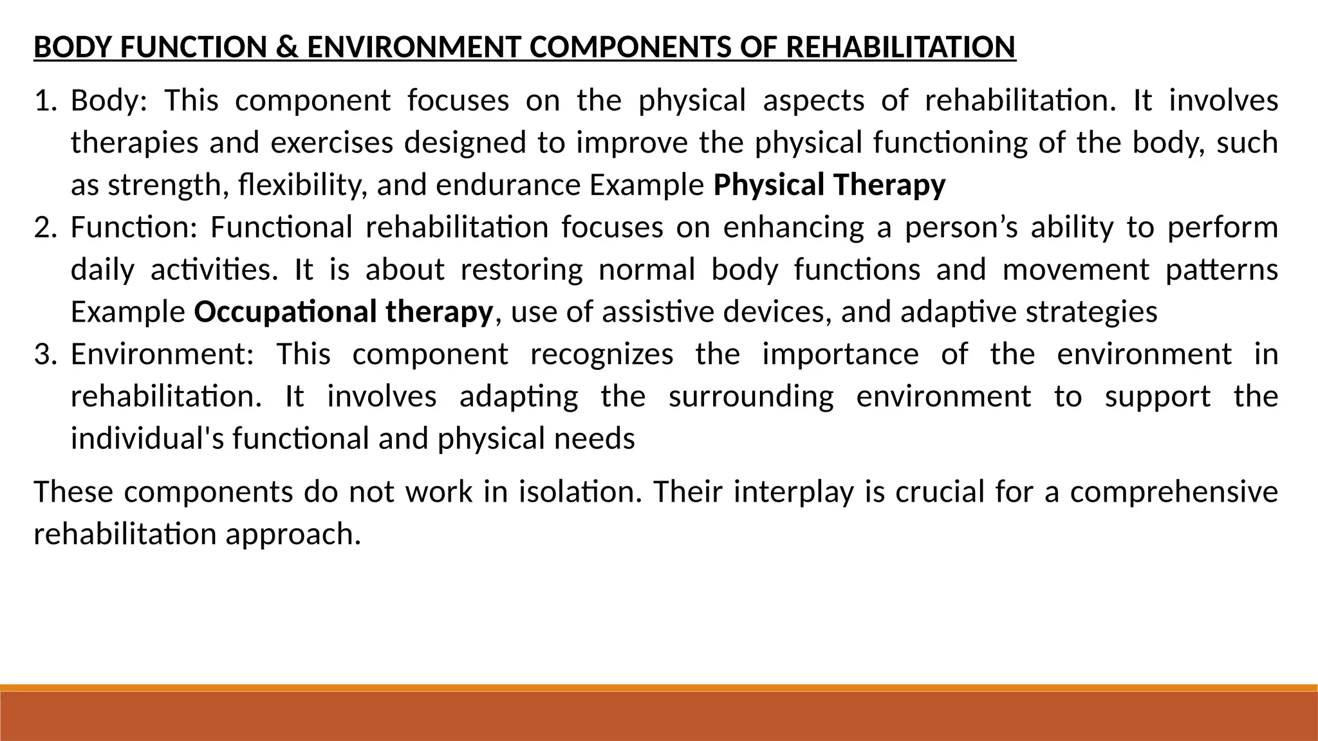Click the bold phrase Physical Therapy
coord(830,185)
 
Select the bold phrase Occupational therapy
coord(343,312)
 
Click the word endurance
coord(508,185)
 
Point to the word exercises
coord(331,143)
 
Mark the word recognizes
coord(602,354)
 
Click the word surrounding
coord(751,396)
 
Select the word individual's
coord(147,439)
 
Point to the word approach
coord(293,535)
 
